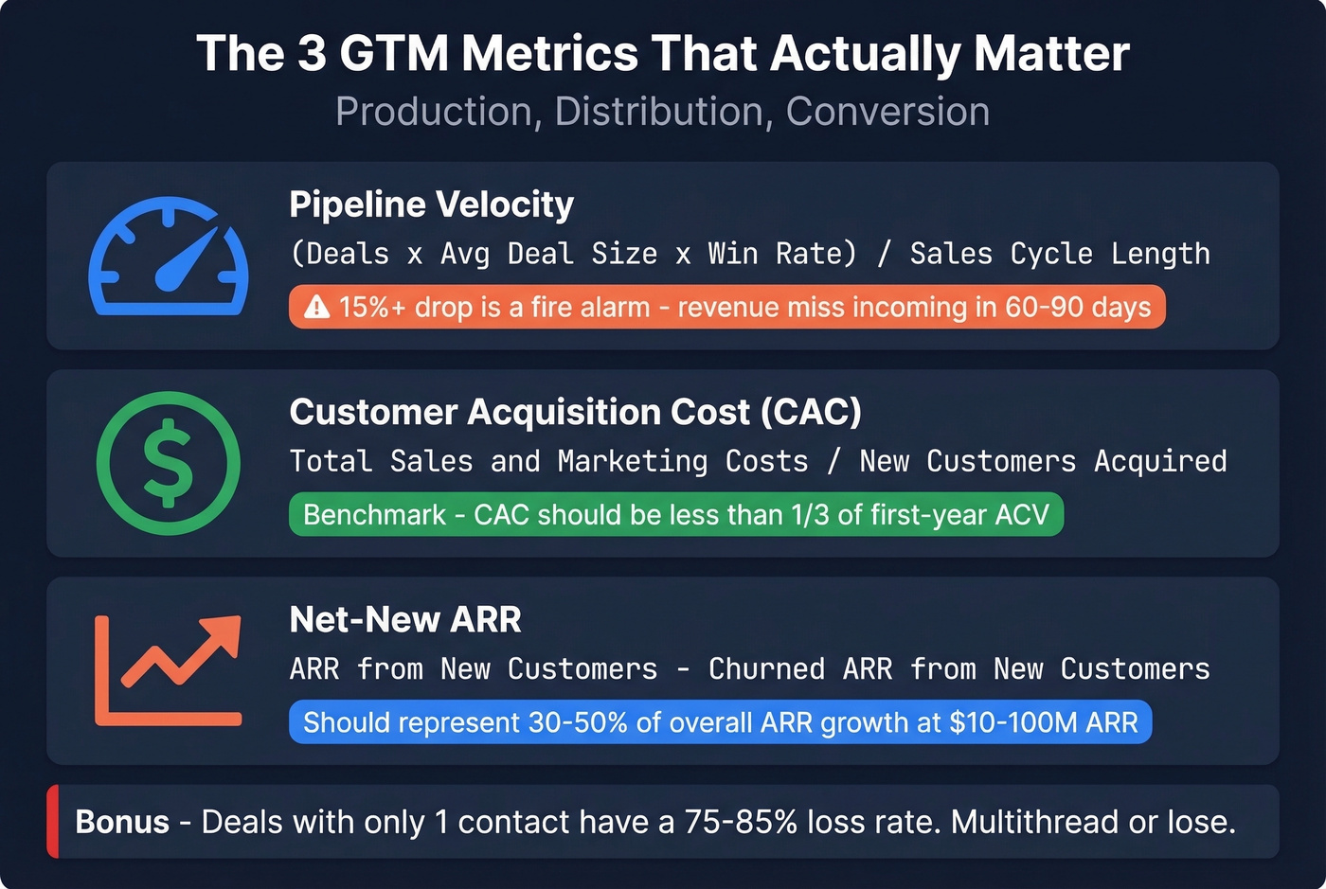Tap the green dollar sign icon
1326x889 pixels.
click(169, 463)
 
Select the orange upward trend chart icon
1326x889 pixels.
click(169, 669)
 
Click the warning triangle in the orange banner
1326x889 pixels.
click(316, 308)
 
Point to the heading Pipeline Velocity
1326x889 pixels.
click(431, 204)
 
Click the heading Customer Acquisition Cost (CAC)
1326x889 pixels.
click(575, 412)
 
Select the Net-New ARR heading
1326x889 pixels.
click(404, 619)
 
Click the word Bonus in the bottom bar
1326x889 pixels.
click(122, 822)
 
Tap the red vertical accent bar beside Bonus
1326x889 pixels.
click(53, 822)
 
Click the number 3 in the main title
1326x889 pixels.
click(313, 54)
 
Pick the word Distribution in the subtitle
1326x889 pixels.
click(658, 112)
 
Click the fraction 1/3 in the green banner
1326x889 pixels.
click(802, 515)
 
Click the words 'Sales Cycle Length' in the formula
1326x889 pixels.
click(1059, 254)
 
